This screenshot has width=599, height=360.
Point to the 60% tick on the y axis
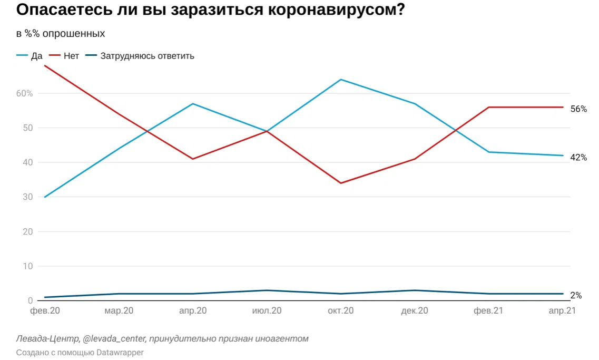24,93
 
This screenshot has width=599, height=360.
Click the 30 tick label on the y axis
27,197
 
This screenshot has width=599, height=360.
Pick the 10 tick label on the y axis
27,266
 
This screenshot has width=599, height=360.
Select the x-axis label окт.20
341,311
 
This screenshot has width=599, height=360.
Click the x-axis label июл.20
267,311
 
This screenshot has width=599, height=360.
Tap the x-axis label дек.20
415,311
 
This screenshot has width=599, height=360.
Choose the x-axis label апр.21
562,311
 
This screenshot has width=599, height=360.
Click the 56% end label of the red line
578,109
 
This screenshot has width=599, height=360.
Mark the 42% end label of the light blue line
578,157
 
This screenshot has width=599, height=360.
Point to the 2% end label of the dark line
576,296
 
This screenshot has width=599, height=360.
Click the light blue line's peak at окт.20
341,80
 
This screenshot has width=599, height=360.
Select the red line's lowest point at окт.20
341,183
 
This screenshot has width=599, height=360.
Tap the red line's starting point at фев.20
45,66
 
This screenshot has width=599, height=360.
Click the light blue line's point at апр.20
193,104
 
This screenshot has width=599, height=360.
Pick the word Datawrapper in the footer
120,352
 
